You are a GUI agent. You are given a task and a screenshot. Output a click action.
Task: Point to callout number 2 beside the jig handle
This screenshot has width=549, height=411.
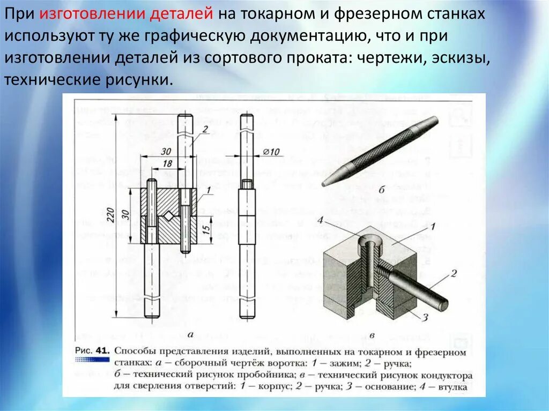click(453, 273)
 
